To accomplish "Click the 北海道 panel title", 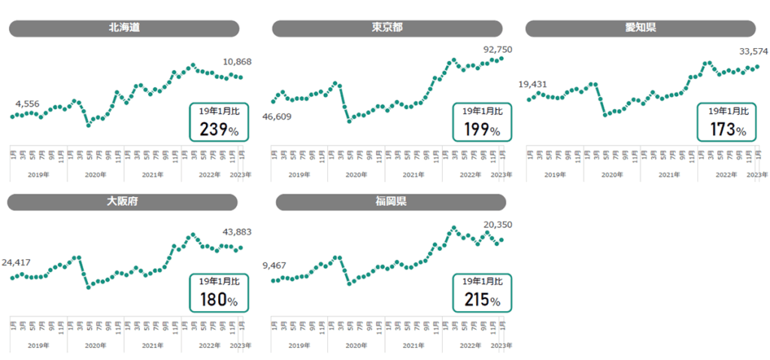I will click(124, 29).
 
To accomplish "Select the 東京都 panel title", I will click(387, 29).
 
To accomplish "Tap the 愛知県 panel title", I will click(641, 29).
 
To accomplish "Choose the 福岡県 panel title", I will click(391, 202).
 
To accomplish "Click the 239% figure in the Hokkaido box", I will click(219, 129).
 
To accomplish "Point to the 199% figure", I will click(482, 129).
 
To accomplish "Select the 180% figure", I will click(219, 301).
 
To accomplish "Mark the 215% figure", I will click(482, 301).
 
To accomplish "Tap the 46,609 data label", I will click(276, 116).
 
